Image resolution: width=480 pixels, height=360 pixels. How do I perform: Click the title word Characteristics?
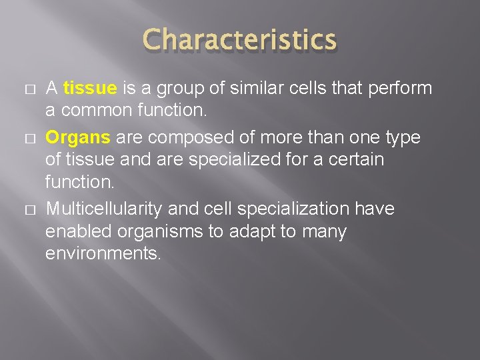pyautogui.click(x=239, y=40)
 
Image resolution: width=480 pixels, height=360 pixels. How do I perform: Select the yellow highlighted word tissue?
pyautogui.click(x=90, y=88)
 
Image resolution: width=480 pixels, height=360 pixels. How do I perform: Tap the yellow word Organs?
pyautogui.click(x=77, y=137)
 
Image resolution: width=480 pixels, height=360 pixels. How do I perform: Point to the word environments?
pyautogui.click(x=103, y=255)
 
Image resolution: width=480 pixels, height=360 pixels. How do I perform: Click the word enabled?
pyautogui.click(x=72, y=232)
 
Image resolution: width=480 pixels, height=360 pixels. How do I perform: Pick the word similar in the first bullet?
pyautogui.click(x=253, y=88)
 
